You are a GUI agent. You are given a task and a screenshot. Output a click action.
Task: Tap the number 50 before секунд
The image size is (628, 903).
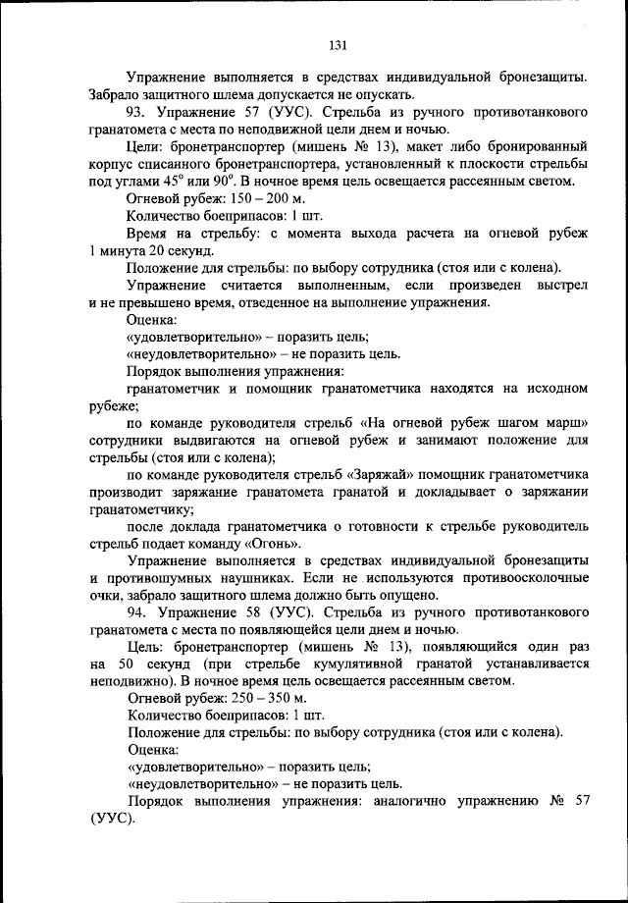click(131, 664)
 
